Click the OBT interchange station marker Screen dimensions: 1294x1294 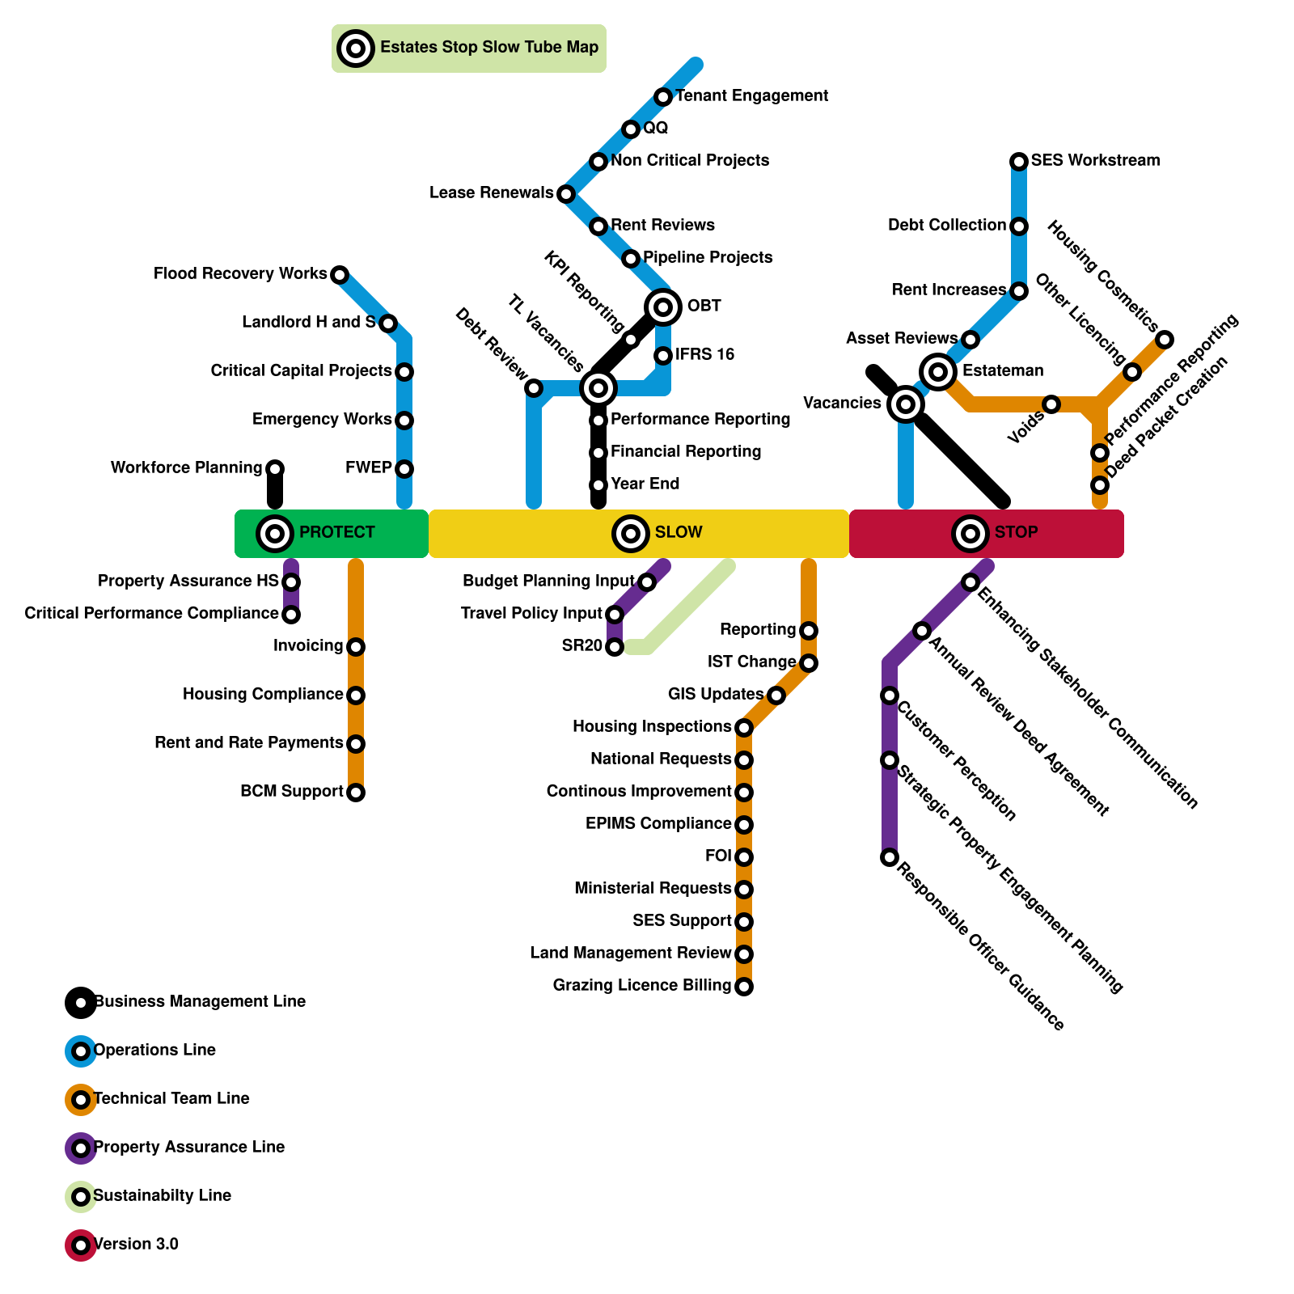(663, 307)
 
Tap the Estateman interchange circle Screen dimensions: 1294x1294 (938, 371)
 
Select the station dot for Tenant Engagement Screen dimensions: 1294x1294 (663, 97)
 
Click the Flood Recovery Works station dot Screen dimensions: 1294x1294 (340, 275)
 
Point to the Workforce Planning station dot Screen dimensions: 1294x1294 (275, 468)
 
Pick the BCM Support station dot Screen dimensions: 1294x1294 (356, 792)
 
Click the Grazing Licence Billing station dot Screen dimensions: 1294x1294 (744, 986)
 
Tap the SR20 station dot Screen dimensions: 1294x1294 (615, 646)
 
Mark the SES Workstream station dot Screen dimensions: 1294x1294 (1019, 162)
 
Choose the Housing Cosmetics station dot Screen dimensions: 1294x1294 (1165, 339)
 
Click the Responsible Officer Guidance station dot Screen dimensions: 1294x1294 (890, 856)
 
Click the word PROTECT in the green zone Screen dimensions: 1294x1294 (336, 532)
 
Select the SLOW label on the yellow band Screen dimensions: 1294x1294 (679, 532)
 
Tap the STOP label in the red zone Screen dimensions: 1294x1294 (1016, 532)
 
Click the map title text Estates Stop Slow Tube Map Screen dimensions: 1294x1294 (489, 48)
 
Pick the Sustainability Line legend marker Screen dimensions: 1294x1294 (81, 1196)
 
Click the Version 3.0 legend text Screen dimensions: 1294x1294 (136, 1244)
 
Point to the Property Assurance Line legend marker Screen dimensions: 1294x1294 (81, 1148)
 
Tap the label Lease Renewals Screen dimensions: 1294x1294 (491, 193)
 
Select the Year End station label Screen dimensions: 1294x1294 (645, 484)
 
